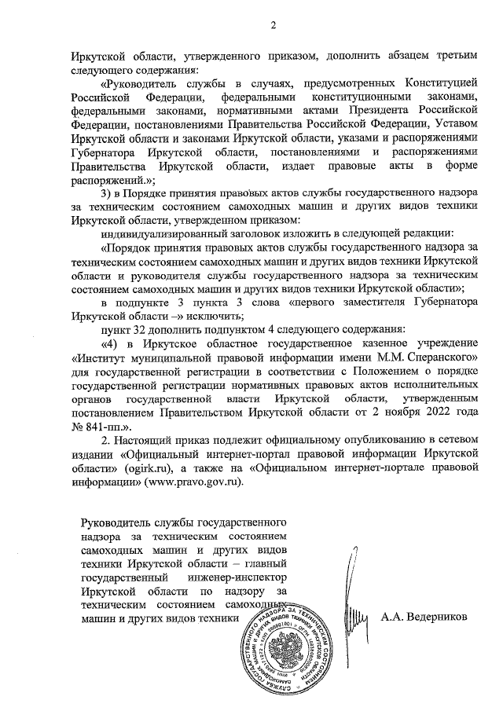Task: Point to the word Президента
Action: (369, 110)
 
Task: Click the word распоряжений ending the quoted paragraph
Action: (117, 179)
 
